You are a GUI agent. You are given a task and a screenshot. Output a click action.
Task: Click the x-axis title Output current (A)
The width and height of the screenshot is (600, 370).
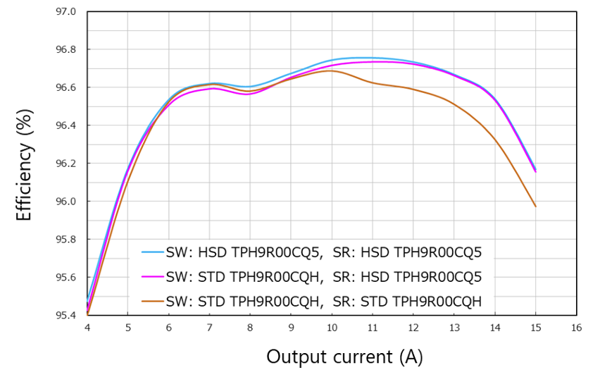tap(344, 356)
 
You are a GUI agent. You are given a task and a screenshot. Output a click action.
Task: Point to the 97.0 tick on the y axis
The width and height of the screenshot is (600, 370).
tap(66, 12)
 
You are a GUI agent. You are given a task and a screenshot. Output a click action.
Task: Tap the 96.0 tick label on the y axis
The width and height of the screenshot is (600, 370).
tap(66, 202)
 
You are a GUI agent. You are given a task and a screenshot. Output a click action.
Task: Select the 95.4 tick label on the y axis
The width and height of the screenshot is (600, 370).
tap(66, 315)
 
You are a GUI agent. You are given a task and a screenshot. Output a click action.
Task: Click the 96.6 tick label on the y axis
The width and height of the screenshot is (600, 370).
tap(66, 87)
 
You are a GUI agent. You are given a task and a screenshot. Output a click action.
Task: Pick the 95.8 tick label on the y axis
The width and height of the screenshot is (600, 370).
tap(66, 240)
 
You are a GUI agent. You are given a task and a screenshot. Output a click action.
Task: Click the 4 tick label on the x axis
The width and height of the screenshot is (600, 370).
tap(87, 328)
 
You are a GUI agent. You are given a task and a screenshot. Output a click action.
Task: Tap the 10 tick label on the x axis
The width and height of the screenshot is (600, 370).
tap(332, 328)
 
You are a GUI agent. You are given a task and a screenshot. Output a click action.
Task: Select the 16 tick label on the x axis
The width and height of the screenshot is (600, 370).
tap(576, 328)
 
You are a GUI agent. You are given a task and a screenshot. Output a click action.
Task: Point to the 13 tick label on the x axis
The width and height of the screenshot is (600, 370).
tap(454, 328)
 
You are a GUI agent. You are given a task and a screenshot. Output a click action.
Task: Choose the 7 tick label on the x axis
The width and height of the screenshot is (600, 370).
tap(209, 328)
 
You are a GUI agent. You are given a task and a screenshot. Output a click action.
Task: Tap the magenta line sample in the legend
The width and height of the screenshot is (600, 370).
tap(152, 276)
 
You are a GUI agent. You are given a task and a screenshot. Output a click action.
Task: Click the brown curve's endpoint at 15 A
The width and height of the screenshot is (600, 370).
tap(535, 206)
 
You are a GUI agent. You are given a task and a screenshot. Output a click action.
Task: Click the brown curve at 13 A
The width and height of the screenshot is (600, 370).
tap(454, 105)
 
